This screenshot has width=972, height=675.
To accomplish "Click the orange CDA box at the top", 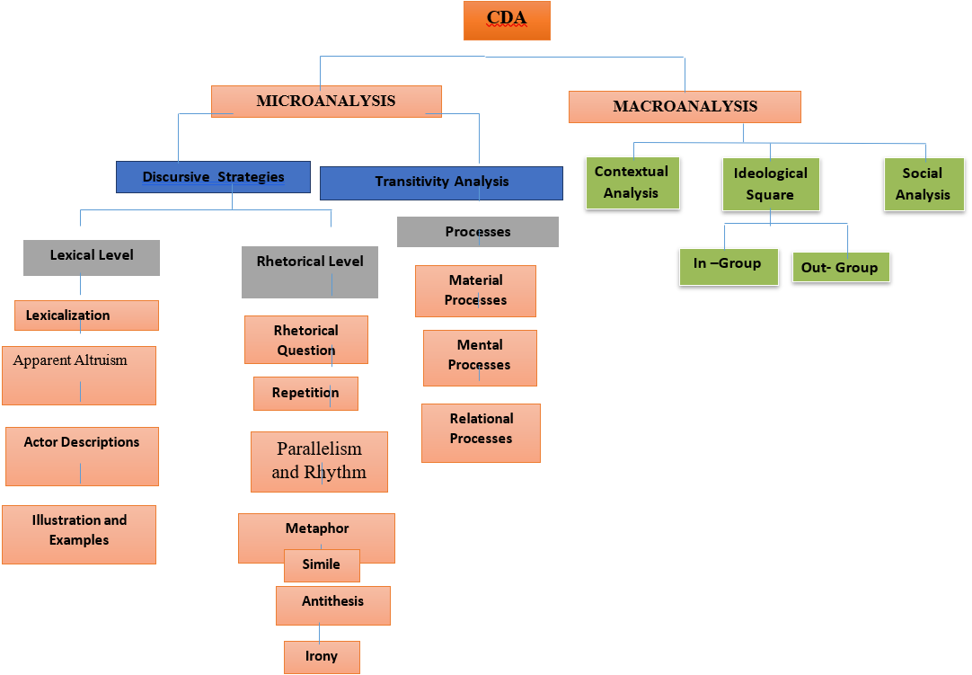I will point(507,21).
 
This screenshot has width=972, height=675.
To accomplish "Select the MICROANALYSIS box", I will point(326,102).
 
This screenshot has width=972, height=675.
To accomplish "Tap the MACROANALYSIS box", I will point(685,107).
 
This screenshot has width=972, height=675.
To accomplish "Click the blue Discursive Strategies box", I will point(213,177).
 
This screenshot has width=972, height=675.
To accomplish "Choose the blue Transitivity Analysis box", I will point(441,182).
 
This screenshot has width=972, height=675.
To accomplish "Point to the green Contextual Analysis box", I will point(632,182).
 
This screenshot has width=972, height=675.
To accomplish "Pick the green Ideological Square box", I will point(771,184).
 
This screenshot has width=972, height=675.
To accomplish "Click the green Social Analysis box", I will point(923,184).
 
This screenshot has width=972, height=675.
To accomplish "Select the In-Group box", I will point(728,266).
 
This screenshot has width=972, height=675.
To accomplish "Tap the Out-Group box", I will point(840,268).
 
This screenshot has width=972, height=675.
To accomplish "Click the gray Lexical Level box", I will point(92,257).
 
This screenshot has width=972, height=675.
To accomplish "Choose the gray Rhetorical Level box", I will point(310,271).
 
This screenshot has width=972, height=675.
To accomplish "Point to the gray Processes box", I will point(477,232).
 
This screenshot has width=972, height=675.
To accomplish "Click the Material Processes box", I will point(475,291).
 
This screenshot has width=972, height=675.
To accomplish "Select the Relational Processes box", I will point(481,432).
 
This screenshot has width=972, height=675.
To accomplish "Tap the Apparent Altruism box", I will point(79,375).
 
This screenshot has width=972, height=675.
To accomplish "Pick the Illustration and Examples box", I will point(79,534).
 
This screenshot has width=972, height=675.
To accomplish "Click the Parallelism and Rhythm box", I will point(319,461).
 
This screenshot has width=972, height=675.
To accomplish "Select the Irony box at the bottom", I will point(321,657).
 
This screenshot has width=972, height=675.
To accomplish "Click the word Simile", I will point(321,564).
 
